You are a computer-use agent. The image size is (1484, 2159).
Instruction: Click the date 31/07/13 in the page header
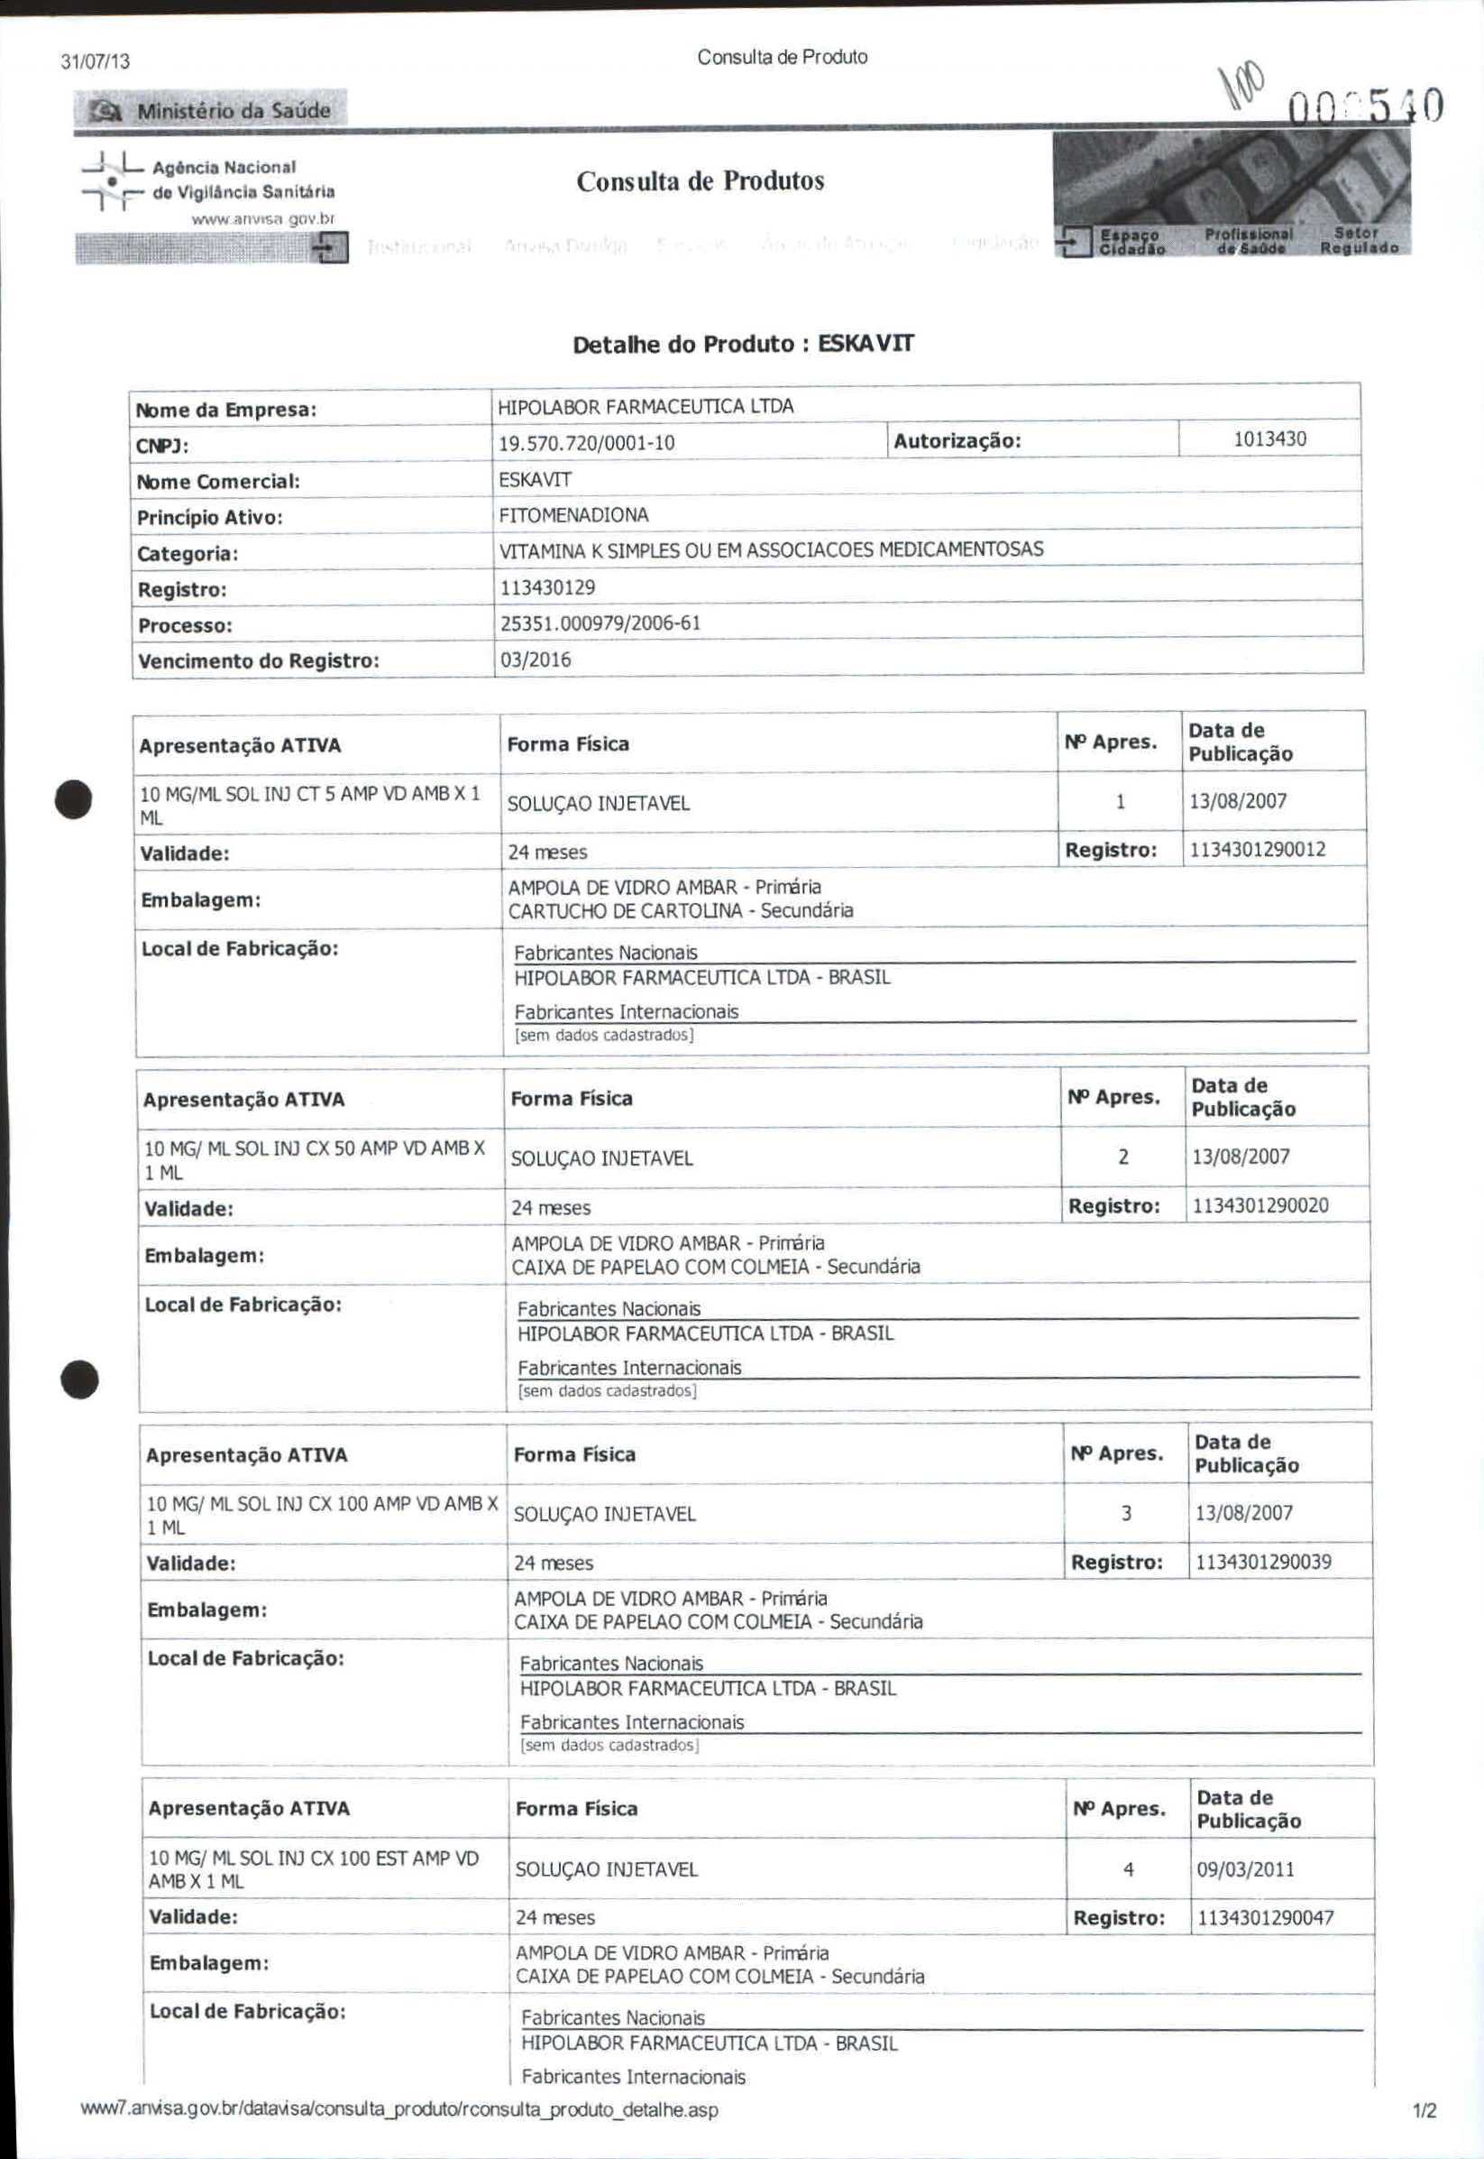(x=95, y=62)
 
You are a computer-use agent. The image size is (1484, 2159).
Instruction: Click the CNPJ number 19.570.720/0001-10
(x=586, y=443)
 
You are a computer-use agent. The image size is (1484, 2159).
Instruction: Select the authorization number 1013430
(x=1269, y=439)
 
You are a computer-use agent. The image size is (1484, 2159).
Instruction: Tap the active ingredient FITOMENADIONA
(x=573, y=515)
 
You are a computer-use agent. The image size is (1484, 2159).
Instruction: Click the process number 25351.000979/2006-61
(x=600, y=623)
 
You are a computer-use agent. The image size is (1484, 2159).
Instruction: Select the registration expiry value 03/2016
(x=536, y=660)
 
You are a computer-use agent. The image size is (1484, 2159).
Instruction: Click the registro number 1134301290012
(x=1257, y=849)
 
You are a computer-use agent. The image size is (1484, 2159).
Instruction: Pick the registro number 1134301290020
(x=1260, y=1205)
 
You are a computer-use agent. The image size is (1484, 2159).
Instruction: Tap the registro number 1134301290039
(x=1263, y=1562)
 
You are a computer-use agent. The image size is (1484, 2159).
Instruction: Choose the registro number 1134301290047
(x=1266, y=1917)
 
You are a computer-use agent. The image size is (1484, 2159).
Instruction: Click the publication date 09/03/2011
(x=1245, y=1868)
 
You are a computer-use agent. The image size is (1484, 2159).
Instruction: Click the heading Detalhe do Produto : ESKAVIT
(x=743, y=344)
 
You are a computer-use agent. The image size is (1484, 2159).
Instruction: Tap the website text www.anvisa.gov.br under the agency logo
(x=262, y=219)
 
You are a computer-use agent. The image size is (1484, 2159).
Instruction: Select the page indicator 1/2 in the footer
(x=1424, y=2110)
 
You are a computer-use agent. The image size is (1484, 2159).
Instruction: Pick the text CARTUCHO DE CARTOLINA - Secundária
(x=680, y=910)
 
